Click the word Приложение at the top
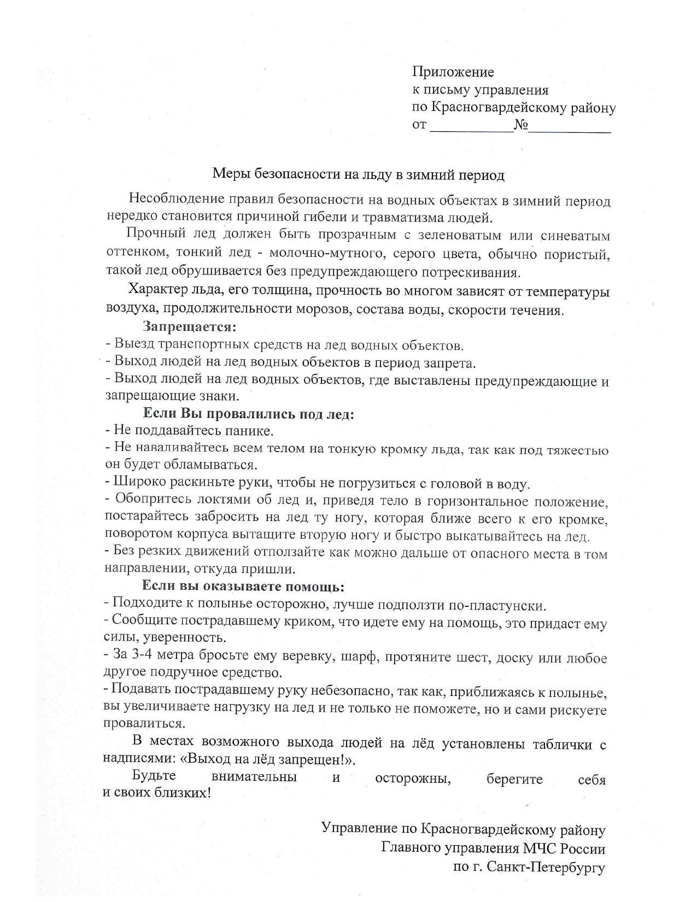point(453,72)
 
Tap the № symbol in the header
point(520,125)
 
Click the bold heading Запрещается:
point(189,327)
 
